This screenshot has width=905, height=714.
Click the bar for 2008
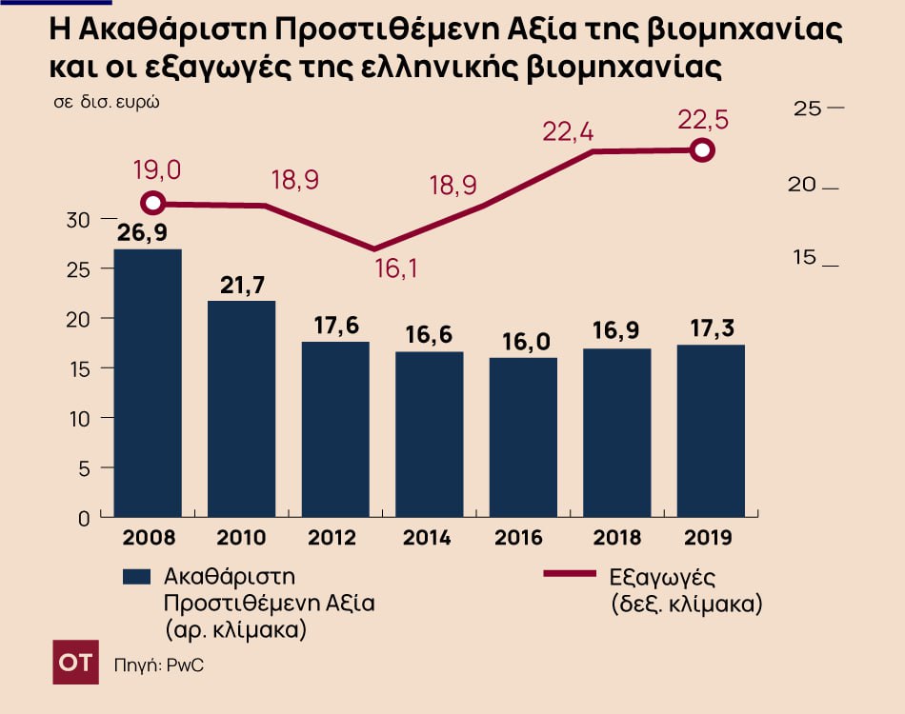tap(147, 383)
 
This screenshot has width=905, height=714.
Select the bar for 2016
tap(524, 437)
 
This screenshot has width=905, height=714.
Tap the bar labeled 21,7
tap(241, 409)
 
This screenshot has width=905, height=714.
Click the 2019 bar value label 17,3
tap(711, 330)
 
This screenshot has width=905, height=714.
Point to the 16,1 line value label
tap(395, 269)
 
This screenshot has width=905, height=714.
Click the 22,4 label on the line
tap(568, 132)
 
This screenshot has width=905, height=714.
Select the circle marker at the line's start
tap(152, 203)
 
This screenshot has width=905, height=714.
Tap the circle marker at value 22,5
tap(702, 150)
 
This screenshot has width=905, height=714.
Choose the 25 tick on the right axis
tap(807, 109)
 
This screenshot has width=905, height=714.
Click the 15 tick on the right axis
tap(807, 258)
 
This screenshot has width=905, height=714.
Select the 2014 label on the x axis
tap(427, 538)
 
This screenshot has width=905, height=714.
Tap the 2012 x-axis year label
tap(333, 538)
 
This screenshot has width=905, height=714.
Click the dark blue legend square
tap(137, 577)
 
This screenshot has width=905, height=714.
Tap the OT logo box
tap(75, 663)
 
